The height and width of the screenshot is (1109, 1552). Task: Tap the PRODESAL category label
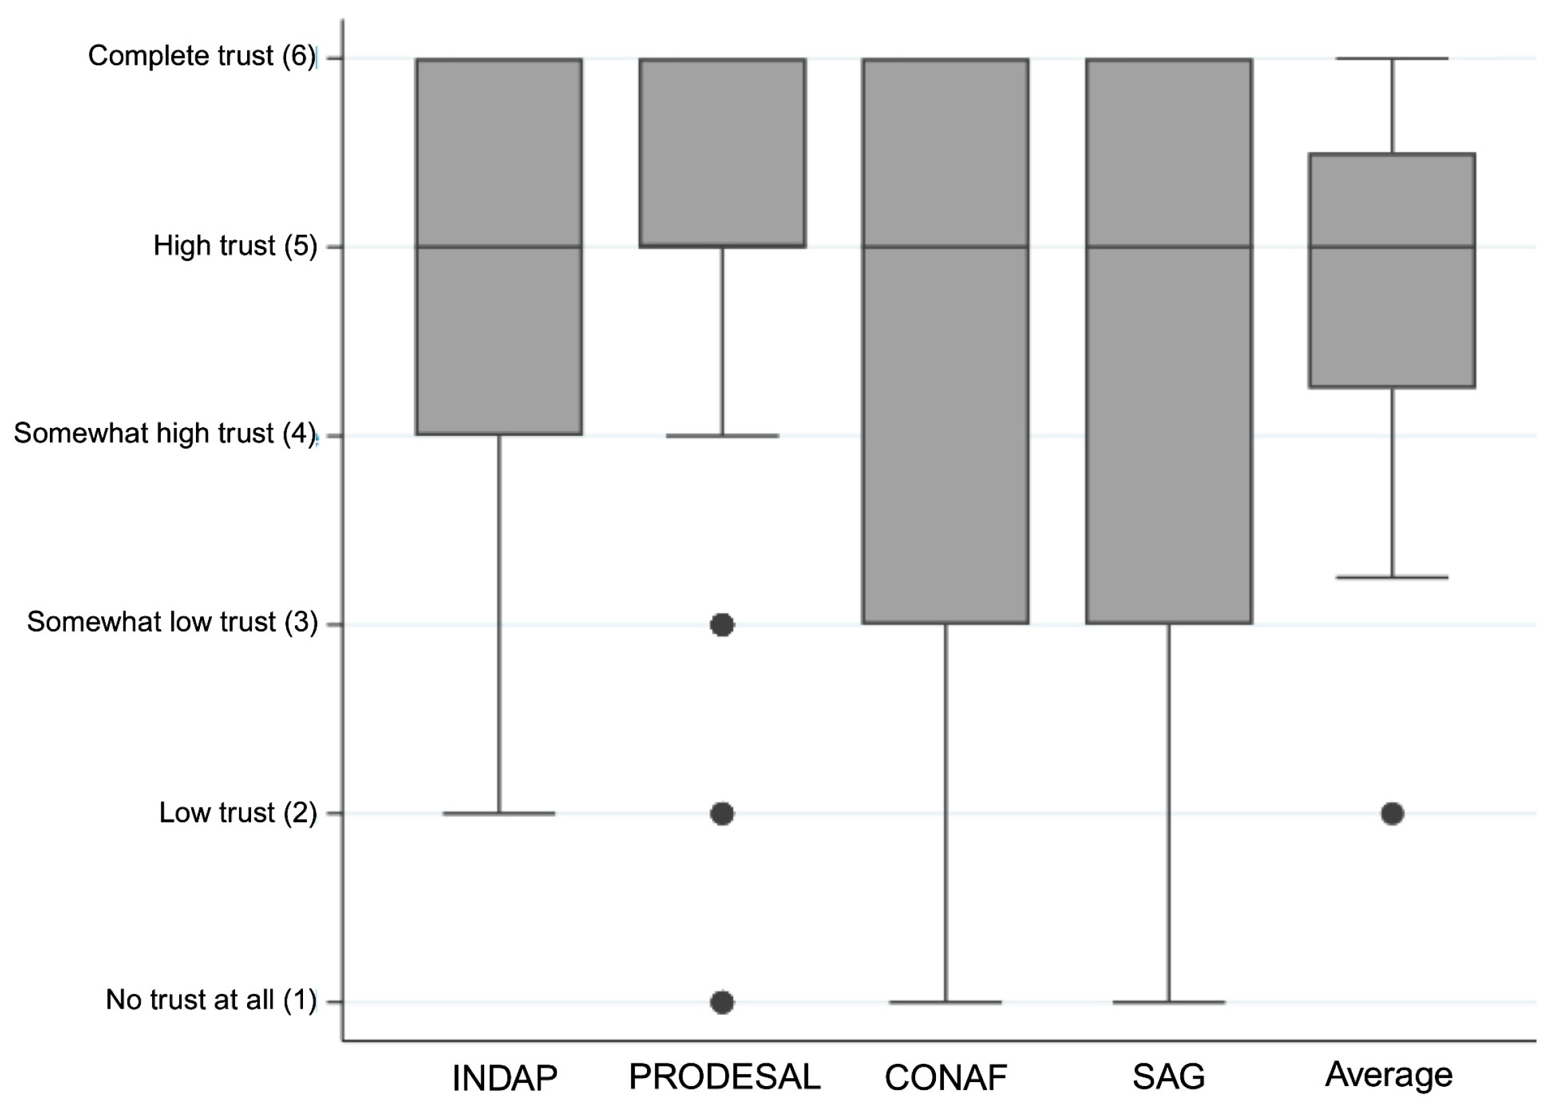(724, 1077)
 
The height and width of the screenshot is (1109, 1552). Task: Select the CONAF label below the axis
(945, 1078)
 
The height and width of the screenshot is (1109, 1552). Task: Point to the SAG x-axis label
(1168, 1077)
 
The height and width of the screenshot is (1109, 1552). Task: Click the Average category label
(1389, 1075)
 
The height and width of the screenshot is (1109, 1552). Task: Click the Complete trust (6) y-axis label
(201, 56)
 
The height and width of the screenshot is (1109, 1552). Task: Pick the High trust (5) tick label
(235, 246)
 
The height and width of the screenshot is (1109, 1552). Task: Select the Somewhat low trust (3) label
(172, 622)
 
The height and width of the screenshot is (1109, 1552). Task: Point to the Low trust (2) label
(238, 813)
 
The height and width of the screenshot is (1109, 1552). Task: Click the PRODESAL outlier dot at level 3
(722, 625)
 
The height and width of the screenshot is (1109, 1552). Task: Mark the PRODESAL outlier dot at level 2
(722, 814)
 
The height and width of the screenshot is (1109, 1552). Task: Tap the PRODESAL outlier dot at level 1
(722, 1003)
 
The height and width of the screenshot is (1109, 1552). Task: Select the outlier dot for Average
(1392, 814)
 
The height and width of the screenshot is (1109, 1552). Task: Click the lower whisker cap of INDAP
(499, 814)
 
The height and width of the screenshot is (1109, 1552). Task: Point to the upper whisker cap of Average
(1392, 59)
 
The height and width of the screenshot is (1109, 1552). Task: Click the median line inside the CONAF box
(945, 247)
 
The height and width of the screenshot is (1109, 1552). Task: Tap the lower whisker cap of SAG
(1169, 1003)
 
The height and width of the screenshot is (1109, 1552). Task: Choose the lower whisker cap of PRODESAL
(722, 435)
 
